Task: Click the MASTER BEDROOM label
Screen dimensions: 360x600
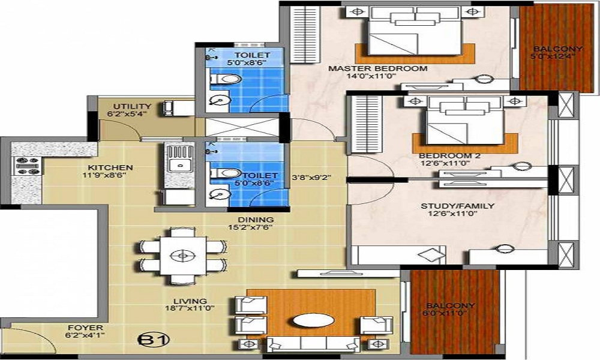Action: coord(377,68)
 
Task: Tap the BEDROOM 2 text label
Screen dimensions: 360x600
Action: coord(449,156)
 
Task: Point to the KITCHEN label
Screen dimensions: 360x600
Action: coord(110,167)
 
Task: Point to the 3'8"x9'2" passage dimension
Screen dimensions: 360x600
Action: coord(311,178)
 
